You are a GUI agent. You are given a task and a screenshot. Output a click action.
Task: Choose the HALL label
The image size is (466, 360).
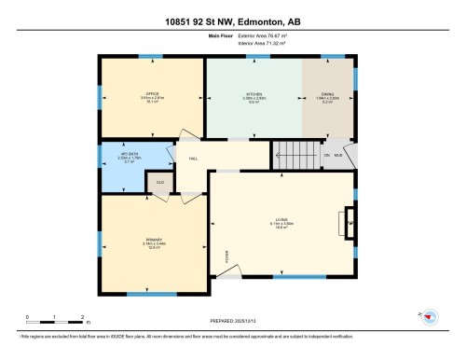(193, 159)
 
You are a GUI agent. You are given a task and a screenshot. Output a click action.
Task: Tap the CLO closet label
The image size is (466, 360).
(160, 182)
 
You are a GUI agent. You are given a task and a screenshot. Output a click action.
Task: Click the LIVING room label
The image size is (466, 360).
(284, 220)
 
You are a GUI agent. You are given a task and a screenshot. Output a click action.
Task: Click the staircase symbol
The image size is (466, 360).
(293, 154)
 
